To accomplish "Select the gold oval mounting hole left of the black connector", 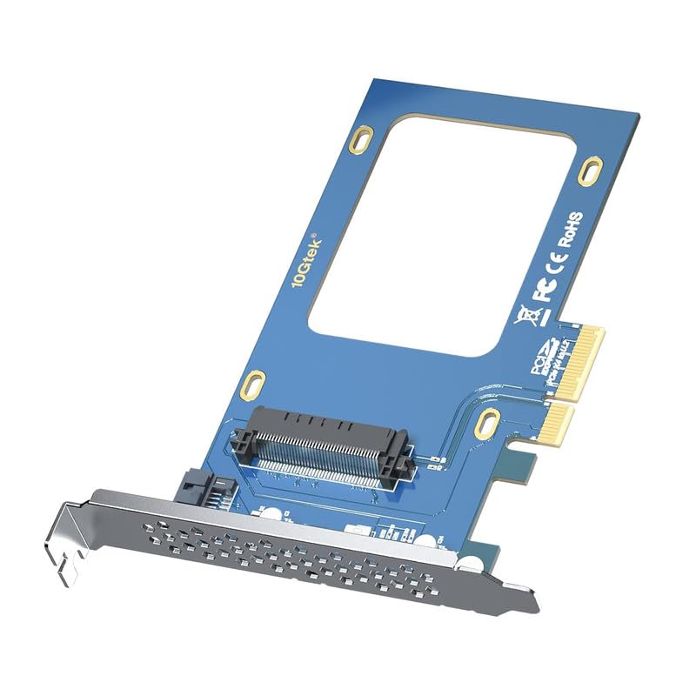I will (252, 383).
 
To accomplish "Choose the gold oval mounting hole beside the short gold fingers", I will (488, 422).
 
